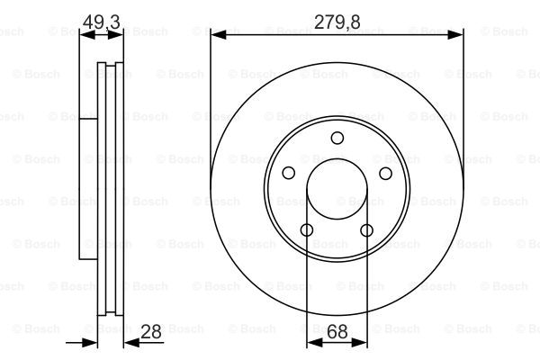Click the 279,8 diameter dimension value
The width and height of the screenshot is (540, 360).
[337, 22]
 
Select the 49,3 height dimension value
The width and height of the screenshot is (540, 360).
[101, 22]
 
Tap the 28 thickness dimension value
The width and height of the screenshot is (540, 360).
[151, 332]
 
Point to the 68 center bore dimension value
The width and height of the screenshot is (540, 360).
[337, 332]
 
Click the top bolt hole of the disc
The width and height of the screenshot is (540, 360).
[337, 138]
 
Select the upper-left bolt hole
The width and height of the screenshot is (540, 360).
[289, 173]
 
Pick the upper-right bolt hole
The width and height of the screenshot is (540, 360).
[386, 173]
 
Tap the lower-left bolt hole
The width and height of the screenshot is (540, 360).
[307, 230]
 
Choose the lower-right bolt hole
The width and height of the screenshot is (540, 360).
[367, 230]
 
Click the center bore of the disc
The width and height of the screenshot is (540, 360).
[337, 188]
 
